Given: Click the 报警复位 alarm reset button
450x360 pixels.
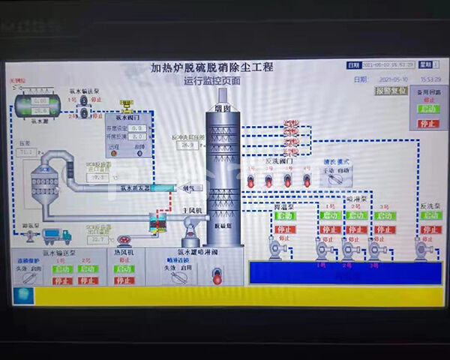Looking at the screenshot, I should (391, 91).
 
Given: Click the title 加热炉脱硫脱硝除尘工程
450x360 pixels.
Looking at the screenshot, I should (212, 67).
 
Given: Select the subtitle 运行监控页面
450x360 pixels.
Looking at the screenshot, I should (212, 80).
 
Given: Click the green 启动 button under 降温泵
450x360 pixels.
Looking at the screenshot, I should (285, 216).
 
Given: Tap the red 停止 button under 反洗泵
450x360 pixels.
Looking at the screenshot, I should (430, 229).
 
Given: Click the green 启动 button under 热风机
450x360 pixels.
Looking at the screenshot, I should (124, 269).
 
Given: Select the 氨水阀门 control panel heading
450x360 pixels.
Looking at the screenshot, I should (127, 117).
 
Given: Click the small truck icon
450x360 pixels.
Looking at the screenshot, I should (57, 235).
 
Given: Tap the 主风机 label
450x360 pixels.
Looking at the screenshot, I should (193, 211).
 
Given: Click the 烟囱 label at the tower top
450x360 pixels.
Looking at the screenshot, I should (223, 108).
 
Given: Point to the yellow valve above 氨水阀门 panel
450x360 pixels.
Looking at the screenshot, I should (127, 103).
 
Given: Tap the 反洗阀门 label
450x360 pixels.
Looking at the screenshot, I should (280, 160).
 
